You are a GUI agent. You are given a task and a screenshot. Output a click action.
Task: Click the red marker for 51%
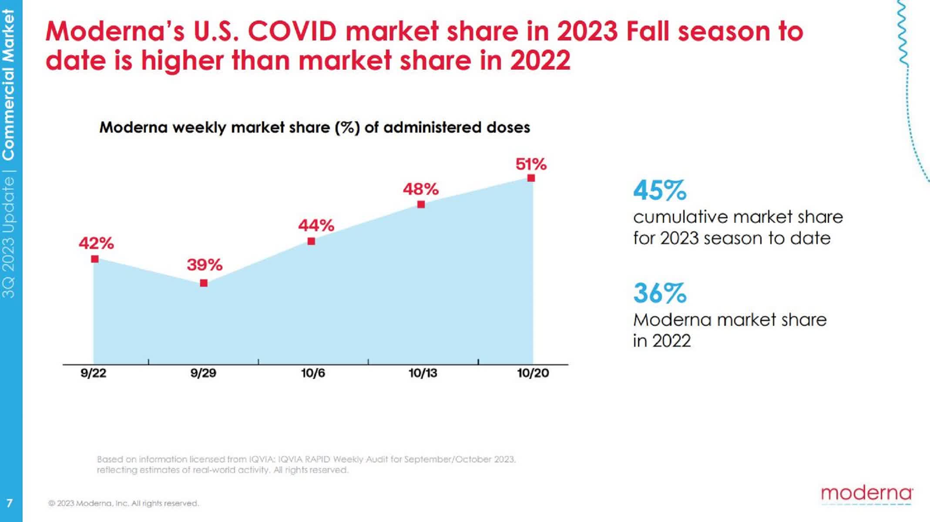click(531, 178)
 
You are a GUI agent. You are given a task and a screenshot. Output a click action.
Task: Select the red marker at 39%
click(204, 283)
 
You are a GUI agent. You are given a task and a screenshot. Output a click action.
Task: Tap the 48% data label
click(420, 189)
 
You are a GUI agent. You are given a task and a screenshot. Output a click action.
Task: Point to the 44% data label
click(316, 225)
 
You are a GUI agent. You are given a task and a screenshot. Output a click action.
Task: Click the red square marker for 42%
click(95, 259)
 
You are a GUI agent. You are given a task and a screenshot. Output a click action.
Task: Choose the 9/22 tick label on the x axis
click(93, 373)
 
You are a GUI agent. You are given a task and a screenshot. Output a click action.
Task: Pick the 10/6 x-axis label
click(313, 373)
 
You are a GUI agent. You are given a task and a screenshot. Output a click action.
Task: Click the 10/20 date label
click(533, 373)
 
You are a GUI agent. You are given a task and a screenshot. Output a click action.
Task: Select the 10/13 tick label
click(423, 373)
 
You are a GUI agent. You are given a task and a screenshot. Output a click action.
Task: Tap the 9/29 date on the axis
click(203, 373)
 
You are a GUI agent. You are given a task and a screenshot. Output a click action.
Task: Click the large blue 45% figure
click(659, 191)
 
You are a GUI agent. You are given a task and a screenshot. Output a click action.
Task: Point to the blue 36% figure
click(659, 293)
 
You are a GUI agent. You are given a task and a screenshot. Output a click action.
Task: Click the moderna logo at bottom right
click(866, 494)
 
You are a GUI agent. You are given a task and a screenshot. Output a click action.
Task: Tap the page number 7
click(10, 503)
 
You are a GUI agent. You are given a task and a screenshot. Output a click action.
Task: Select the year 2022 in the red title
click(540, 60)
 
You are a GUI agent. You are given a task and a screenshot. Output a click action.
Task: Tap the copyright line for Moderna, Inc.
click(123, 503)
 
